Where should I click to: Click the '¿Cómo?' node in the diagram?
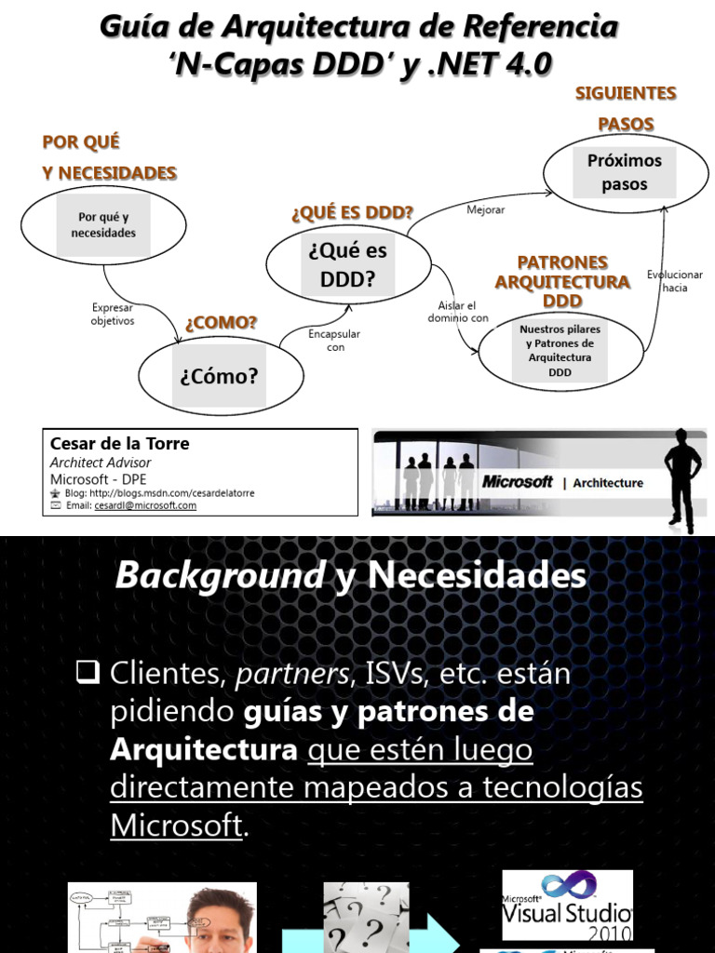(221, 376)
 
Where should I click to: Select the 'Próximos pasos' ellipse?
(624, 172)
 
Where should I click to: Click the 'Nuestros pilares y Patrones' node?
(560, 351)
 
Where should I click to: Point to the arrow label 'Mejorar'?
(485, 210)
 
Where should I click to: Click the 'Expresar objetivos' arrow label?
(113, 314)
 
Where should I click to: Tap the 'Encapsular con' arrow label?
(334, 340)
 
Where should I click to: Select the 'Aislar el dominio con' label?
(457, 311)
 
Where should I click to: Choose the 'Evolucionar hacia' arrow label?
(675, 281)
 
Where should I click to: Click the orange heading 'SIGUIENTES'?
(626, 93)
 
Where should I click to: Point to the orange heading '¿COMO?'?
(221, 323)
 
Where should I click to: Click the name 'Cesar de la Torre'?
(119, 444)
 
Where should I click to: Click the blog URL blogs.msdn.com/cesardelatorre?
(172, 493)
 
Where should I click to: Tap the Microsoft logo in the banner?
(518, 482)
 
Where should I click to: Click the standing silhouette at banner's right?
(682, 480)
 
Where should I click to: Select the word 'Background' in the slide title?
(220, 576)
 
